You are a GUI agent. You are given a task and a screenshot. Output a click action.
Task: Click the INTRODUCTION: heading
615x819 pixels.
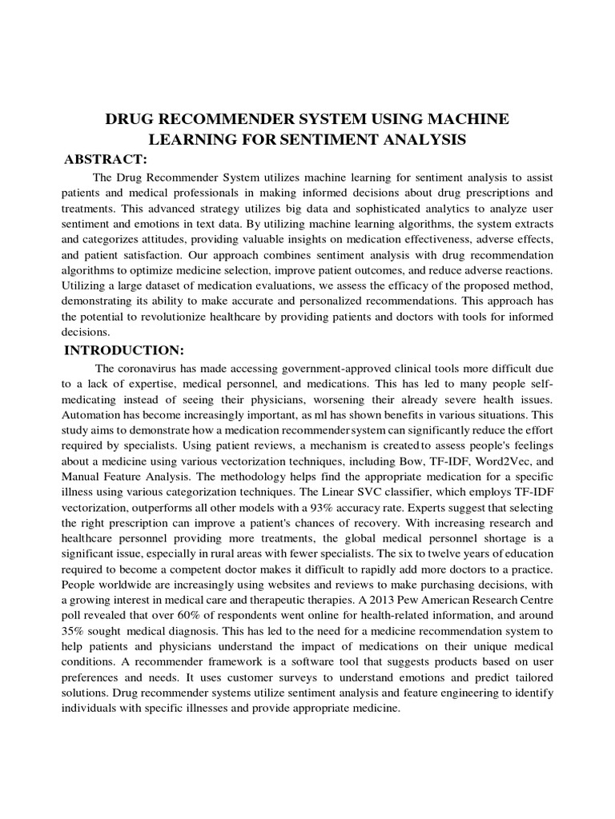pos(124,350)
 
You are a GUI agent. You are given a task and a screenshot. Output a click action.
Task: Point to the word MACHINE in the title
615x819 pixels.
pos(471,120)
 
